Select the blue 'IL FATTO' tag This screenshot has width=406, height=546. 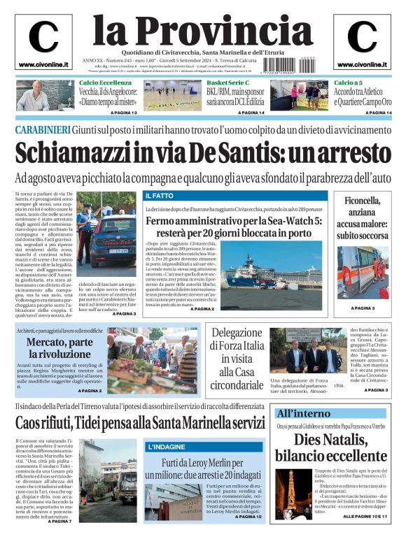(x=157, y=196)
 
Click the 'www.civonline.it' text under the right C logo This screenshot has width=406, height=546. (x=362, y=64)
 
